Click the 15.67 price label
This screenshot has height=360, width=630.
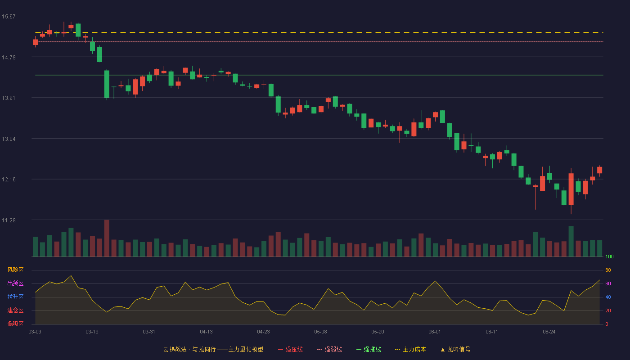click(9, 17)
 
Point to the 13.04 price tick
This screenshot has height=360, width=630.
click(9, 139)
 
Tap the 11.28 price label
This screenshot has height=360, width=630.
click(9, 220)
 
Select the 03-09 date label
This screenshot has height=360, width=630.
click(35, 332)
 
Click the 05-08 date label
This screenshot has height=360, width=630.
click(320, 332)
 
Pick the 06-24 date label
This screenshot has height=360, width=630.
click(549, 332)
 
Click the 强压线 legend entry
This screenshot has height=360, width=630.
click(290, 349)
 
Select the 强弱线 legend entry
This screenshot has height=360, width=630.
click(329, 349)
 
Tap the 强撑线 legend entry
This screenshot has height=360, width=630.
click(369, 349)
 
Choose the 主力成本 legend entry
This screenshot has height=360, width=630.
click(410, 349)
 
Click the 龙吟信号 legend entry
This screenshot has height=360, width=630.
click(455, 349)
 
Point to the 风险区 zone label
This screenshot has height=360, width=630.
click(15, 270)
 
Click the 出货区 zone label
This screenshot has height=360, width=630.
click(15, 283)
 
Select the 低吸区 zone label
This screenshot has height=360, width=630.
click(15, 324)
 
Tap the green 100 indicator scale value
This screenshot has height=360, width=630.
click(609, 256)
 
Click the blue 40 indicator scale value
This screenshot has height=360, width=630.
click(608, 297)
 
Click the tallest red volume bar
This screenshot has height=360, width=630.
click(107, 238)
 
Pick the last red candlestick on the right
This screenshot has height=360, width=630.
click(599, 170)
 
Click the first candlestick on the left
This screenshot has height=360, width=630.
click(35, 42)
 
